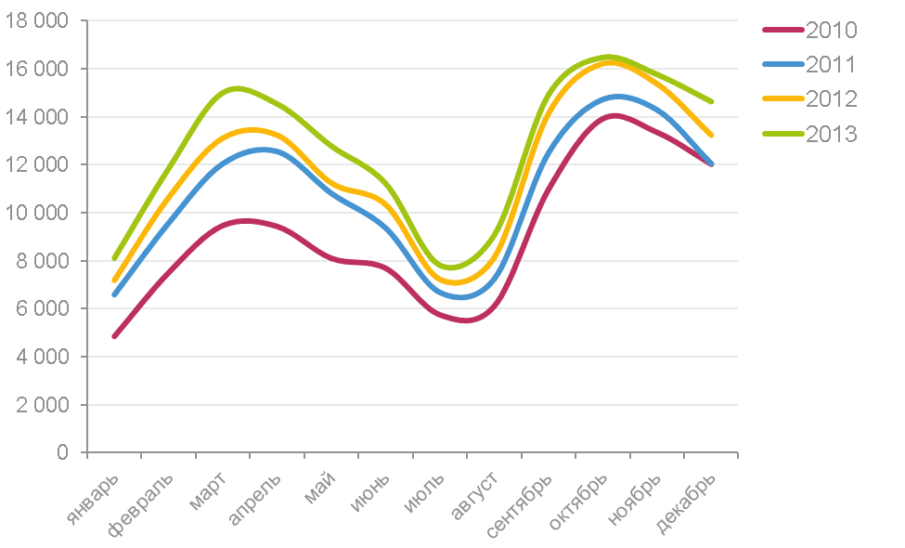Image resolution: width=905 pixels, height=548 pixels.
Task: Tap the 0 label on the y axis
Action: (x=62, y=452)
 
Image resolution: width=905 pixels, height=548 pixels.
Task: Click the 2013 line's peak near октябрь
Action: (x=608, y=57)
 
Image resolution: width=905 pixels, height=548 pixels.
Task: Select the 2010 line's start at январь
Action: (x=114, y=336)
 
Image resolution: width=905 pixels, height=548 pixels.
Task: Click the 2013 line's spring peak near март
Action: (x=237, y=88)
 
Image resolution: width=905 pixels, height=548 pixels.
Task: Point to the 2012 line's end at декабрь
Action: (x=711, y=136)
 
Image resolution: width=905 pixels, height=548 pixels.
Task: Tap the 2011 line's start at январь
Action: (x=114, y=294)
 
